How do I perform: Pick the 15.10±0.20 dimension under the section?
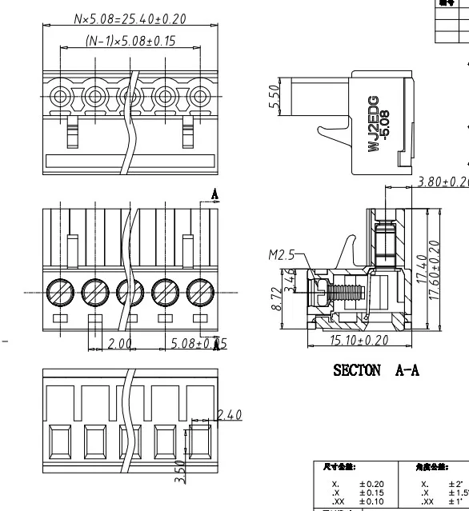coord(359,341)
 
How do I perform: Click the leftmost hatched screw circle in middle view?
coord(59,291)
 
